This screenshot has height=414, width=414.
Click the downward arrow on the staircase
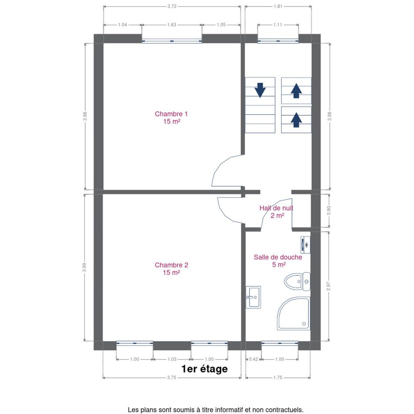pos(260,90)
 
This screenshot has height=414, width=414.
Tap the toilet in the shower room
pos(297,281)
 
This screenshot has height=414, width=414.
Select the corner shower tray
pos(293,314)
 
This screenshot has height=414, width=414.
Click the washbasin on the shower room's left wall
pos(253,297)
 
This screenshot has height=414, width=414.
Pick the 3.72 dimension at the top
pos(172,6)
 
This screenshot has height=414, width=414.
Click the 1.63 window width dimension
pos(171,25)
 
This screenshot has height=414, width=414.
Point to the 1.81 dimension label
pos(278,6)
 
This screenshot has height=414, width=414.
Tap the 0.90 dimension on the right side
pos(329,210)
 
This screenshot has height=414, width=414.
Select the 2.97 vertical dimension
pos(328,286)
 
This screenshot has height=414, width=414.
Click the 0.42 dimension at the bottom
pos(253,359)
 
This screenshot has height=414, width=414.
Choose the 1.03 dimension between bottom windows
pos(172,359)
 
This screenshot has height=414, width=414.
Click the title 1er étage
pos(204,369)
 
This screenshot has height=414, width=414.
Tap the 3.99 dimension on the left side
pos(84,267)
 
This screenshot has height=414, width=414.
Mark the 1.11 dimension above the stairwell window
pos(278,25)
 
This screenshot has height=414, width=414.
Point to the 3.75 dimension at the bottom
pos(171,378)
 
